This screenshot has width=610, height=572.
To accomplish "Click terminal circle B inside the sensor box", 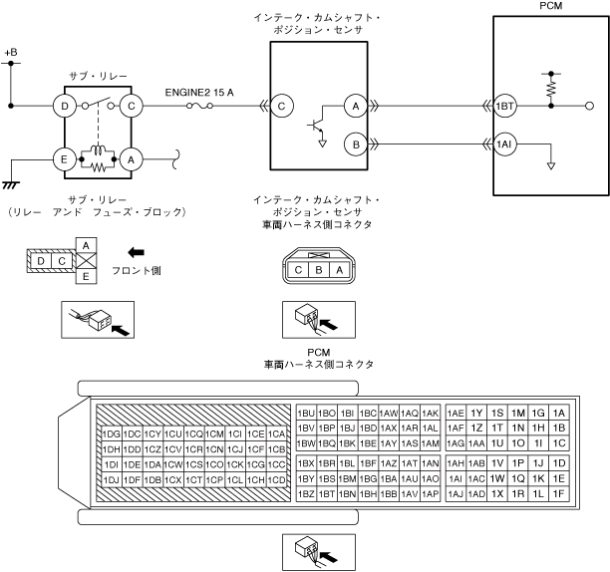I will pos(353,143).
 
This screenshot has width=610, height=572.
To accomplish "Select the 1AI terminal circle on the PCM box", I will pos(504,143).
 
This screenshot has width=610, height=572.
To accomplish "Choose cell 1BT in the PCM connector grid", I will pos(328,493).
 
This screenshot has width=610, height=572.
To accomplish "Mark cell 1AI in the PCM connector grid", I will pos(456,478).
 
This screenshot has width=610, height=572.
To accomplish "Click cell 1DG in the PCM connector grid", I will pos(111,433).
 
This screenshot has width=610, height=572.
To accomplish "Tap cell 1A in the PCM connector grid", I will pos(559,413).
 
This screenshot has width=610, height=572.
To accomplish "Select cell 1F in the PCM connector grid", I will pos(559,493).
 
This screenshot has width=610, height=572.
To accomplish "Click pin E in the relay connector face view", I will pos(88,276).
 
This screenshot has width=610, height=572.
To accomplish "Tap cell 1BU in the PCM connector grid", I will pos(307,413).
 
